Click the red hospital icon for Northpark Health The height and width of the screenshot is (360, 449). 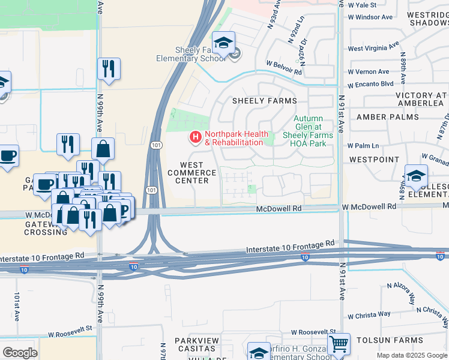click(195, 138)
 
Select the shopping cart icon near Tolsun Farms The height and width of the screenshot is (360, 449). click(339, 344)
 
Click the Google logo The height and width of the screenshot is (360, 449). click(20, 352)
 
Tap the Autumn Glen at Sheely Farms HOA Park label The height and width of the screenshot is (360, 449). click(307, 131)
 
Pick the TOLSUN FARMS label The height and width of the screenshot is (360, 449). click(390, 340)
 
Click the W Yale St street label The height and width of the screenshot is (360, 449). click(362, 5)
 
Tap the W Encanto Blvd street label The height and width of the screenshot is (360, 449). click(370, 83)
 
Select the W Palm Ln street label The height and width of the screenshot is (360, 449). click(363, 145)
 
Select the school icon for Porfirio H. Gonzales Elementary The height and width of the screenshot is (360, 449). click(259, 352)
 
